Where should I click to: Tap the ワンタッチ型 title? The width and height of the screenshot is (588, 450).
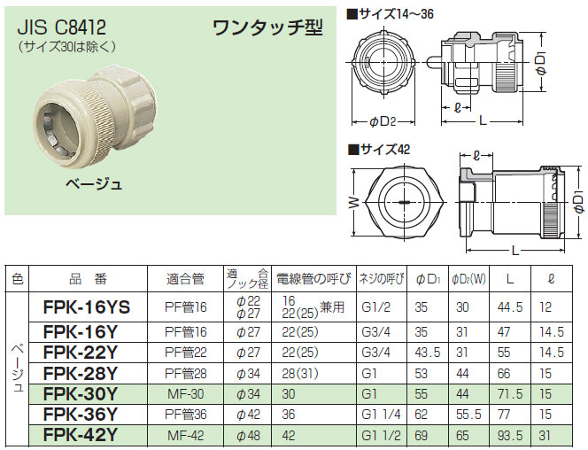267,27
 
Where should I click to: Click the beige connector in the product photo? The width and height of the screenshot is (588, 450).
89,120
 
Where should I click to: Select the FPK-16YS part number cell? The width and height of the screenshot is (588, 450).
86,307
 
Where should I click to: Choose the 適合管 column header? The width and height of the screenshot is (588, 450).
185,279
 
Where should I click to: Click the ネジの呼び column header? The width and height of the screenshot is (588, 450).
381,279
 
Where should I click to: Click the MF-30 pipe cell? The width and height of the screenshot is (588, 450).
185,392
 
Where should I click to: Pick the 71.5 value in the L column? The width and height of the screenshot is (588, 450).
508,392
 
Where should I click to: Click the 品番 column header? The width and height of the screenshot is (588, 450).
88,279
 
